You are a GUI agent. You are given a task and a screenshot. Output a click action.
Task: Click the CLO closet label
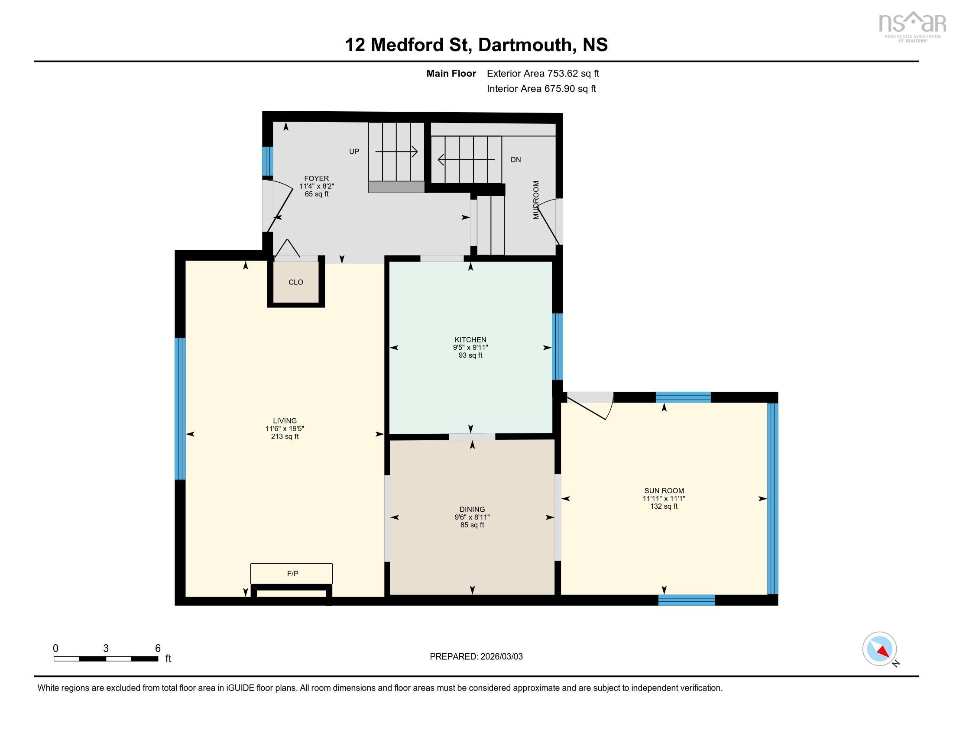pyautogui.click(x=295, y=282)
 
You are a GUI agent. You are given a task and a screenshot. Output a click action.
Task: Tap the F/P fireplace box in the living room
pyautogui.click(x=292, y=573)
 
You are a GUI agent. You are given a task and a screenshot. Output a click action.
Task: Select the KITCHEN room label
pyautogui.click(x=470, y=340)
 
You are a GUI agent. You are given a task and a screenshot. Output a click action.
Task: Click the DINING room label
pyautogui.click(x=472, y=509)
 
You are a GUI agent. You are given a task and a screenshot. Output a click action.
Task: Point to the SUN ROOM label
pyautogui.click(x=663, y=491)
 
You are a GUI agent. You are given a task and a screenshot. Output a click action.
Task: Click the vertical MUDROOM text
pyautogui.click(x=536, y=200)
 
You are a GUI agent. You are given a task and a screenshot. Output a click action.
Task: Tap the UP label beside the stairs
pyautogui.click(x=354, y=151)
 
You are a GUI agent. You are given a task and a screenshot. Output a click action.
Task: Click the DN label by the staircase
pyautogui.click(x=515, y=160)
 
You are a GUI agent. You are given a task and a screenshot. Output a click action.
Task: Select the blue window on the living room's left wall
pyautogui.click(x=180, y=409)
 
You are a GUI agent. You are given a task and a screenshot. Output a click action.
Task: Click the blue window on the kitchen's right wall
pyautogui.click(x=557, y=347)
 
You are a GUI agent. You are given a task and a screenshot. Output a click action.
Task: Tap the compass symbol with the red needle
pyautogui.click(x=879, y=649)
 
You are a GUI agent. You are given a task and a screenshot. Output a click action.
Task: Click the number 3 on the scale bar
pyautogui.click(x=106, y=648)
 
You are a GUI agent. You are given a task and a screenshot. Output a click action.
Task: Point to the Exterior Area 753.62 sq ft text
pyautogui.click(x=542, y=73)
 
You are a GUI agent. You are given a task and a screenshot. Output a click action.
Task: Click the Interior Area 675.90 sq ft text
pyautogui.click(x=541, y=88)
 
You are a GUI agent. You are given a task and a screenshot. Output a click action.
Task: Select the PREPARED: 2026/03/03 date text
pyautogui.click(x=476, y=656)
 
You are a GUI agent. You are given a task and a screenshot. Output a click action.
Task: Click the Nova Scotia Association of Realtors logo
pyautogui.click(x=912, y=26)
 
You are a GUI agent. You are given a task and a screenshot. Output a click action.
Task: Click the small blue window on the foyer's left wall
pyautogui.click(x=267, y=161)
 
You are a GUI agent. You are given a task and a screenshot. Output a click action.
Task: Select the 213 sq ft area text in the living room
pyautogui.click(x=285, y=436)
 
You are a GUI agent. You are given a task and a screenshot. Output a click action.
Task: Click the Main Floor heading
pyautogui.click(x=451, y=73)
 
